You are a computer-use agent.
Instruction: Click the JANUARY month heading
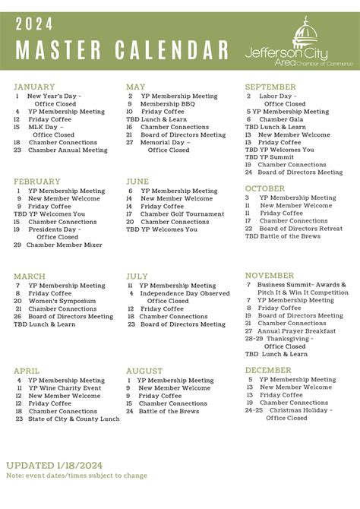(34, 87)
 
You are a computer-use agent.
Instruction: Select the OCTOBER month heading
(264, 188)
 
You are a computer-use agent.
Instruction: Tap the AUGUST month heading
(144, 371)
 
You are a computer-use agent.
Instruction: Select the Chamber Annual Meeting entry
(68, 150)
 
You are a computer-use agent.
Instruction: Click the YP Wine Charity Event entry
(65, 388)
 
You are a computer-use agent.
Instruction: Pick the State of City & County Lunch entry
(74, 419)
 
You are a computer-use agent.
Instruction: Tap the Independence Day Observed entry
(185, 293)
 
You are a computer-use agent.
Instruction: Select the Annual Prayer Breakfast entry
(295, 331)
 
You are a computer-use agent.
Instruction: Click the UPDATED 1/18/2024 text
(54, 465)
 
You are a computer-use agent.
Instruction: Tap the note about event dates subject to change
(77, 476)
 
